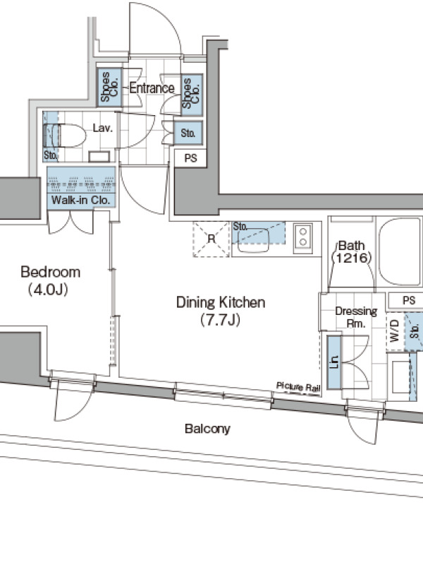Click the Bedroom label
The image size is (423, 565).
pyautogui.click(x=50, y=272)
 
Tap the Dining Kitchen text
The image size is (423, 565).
pyautogui.click(x=221, y=302)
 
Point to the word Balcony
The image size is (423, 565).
pyautogui.click(x=207, y=429)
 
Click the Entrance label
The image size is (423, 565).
pyautogui.click(x=152, y=88)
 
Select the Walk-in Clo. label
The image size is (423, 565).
pyautogui.click(x=80, y=200)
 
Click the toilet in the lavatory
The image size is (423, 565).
pyautogui.click(x=65, y=136)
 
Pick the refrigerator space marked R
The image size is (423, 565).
pyautogui.click(x=211, y=239)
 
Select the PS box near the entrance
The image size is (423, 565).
pyautogui.click(x=190, y=157)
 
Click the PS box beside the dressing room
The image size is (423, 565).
pyautogui.click(x=407, y=300)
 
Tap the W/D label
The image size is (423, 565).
pyautogui.click(x=395, y=331)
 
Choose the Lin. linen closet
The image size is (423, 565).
pyautogui.click(x=334, y=362)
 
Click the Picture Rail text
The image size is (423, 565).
pyautogui.click(x=298, y=386)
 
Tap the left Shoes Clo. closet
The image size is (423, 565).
pyautogui.click(x=109, y=87)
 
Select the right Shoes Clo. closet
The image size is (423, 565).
pyautogui.click(x=192, y=95)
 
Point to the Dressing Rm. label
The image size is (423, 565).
pyautogui.click(x=356, y=317)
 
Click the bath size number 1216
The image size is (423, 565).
pyautogui.click(x=352, y=257)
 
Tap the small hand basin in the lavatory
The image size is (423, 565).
pyautogui.click(x=99, y=156)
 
